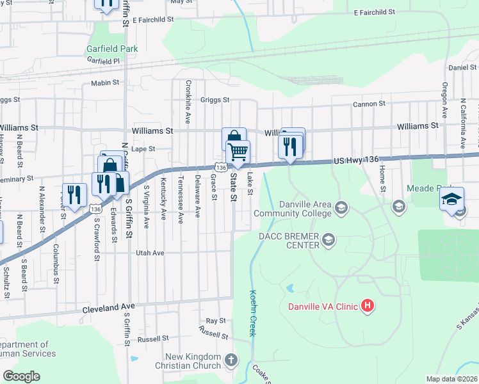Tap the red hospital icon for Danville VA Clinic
[x=367, y=306]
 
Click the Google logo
[x=21, y=376]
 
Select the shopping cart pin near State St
[x=238, y=152]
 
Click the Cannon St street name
[x=368, y=104]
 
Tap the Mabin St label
[x=105, y=83]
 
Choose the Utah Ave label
[x=150, y=253]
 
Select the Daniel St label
[x=462, y=67]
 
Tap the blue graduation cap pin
[x=451, y=200]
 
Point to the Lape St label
[x=143, y=148]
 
